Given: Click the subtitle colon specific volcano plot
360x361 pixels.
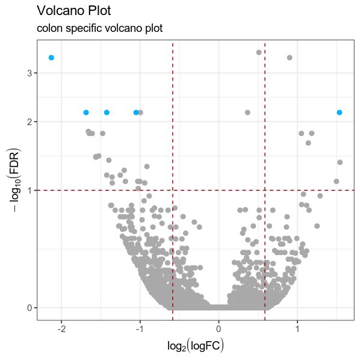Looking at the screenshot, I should point(99,28).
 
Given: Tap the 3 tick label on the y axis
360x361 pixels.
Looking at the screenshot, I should point(29,73).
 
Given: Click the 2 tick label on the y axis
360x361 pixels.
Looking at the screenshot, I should point(29,122).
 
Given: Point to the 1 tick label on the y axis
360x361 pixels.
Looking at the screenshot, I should point(29,190).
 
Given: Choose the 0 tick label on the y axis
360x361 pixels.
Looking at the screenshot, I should point(29,308).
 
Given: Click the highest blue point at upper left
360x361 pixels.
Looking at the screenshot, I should point(51,58).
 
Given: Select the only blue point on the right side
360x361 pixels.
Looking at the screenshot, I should point(340,113).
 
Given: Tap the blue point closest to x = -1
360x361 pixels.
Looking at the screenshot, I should point(136,113).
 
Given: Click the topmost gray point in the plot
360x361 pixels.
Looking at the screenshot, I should point(259,52).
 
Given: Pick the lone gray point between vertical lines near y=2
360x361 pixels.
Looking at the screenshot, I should point(247,113).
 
